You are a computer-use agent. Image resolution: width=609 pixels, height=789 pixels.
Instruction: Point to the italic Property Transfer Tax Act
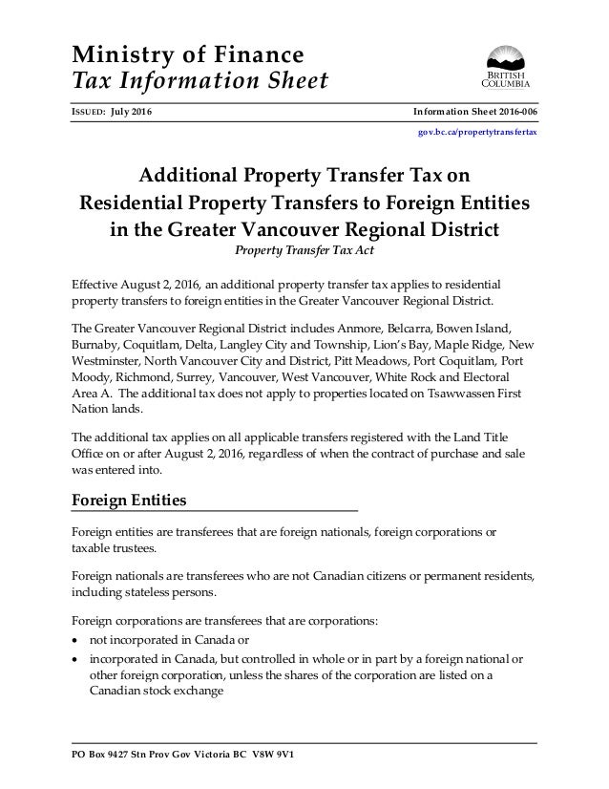[x=304, y=251]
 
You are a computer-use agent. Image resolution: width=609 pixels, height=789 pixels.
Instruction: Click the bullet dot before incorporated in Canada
[x=76, y=658]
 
